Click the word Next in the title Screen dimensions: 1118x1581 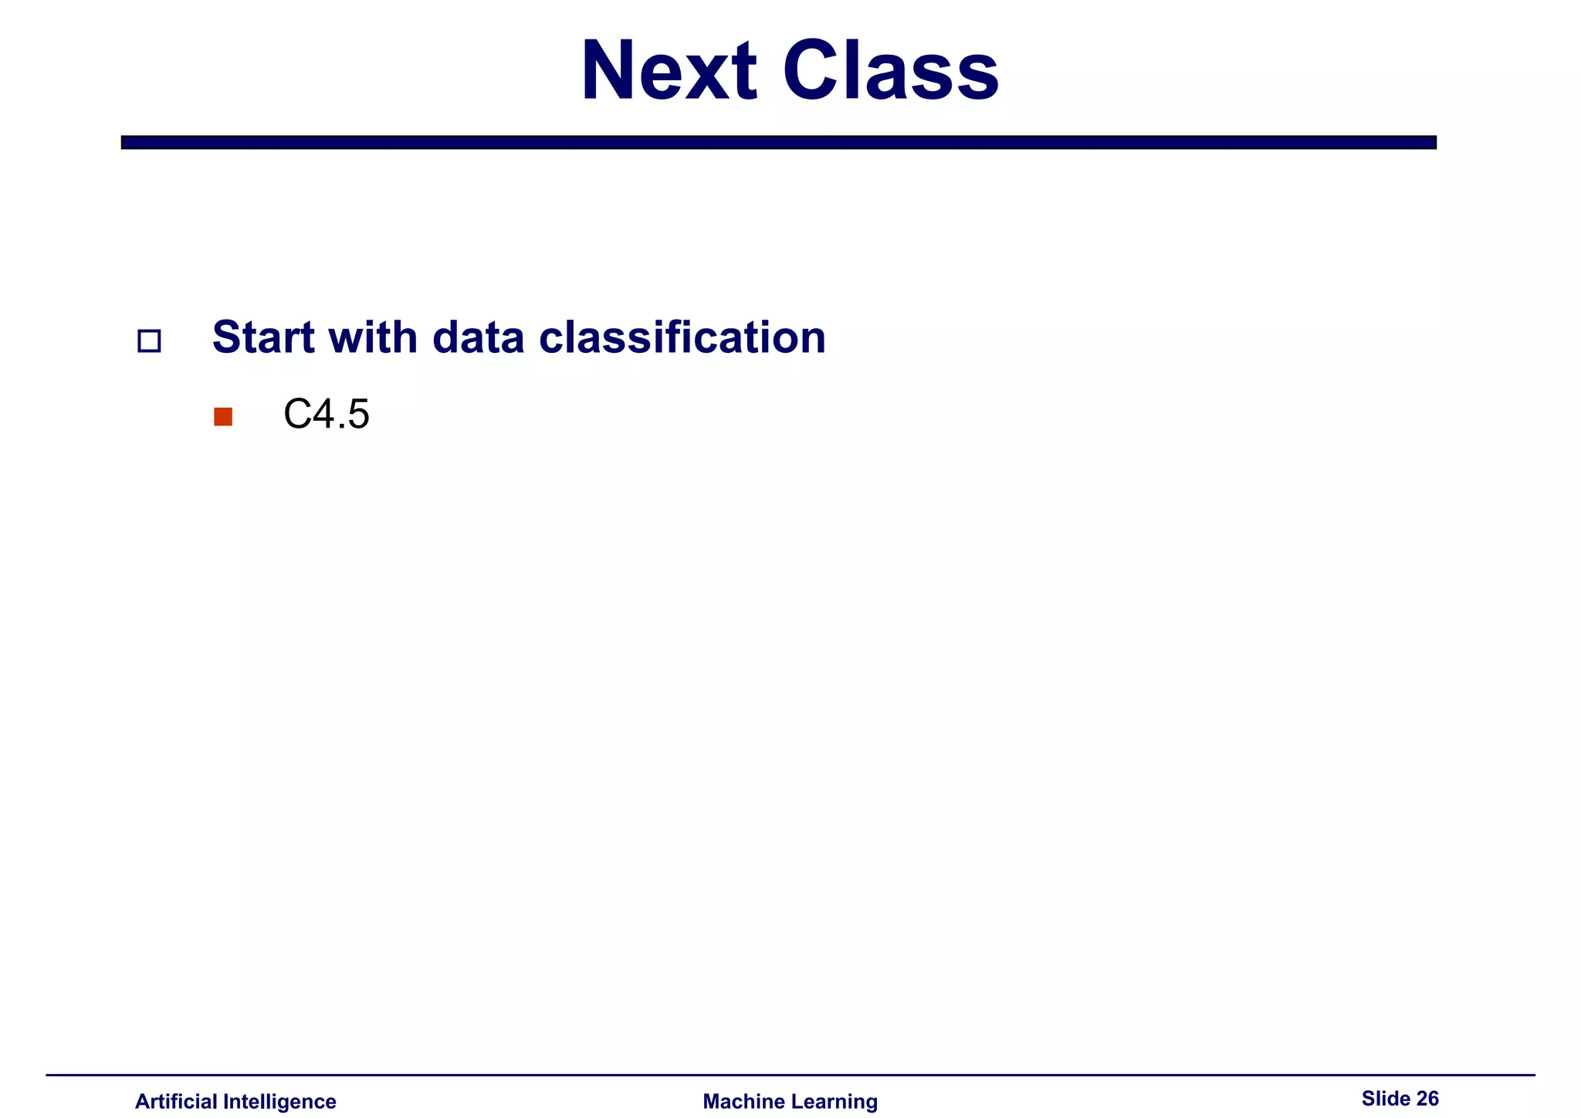[669, 71]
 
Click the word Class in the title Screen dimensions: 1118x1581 [890, 71]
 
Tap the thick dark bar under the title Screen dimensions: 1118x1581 [778, 142]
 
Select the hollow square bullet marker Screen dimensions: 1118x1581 [149, 341]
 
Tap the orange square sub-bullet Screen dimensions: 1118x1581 [223, 417]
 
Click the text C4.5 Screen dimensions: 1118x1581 [327, 415]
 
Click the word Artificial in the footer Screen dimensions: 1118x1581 [176, 1102]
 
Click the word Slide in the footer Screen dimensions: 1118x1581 [1385, 1099]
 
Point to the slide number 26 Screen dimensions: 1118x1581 [1427, 1099]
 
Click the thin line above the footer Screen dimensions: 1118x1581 [790, 1075]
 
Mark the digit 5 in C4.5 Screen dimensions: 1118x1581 [358, 415]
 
